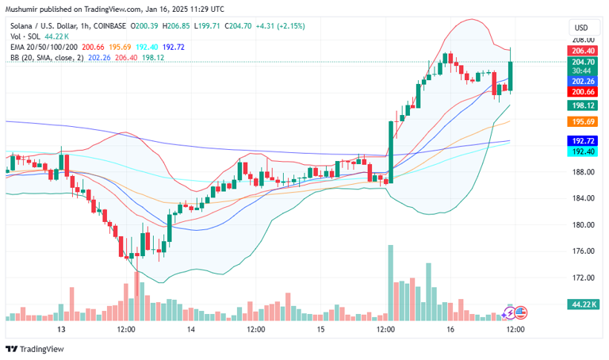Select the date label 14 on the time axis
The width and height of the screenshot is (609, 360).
click(x=191, y=328)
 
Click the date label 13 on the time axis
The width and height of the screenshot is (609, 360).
click(x=61, y=328)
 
